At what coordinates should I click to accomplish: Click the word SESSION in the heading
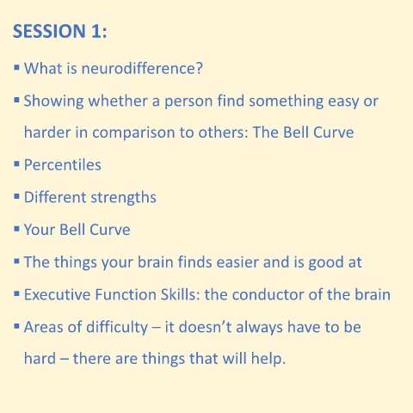(49, 31)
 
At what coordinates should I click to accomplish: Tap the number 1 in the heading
(96, 31)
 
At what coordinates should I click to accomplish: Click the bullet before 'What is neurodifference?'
(16, 68)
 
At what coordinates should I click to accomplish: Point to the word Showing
(53, 101)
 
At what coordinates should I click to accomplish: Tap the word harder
(47, 133)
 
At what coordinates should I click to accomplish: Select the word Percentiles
(63, 165)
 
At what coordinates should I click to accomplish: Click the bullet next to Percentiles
(16, 164)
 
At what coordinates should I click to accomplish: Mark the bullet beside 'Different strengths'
(16, 196)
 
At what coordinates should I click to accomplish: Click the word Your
(40, 230)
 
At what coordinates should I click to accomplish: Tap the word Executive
(57, 294)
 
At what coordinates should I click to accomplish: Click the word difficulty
(117, 327)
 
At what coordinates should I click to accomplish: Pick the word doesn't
(205, 327)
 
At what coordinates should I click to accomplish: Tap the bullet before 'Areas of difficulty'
(16, 326)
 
